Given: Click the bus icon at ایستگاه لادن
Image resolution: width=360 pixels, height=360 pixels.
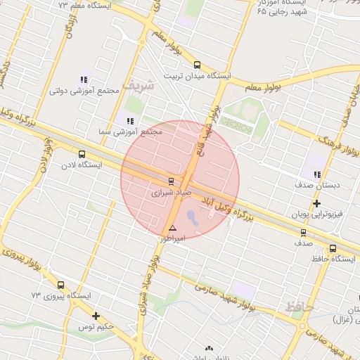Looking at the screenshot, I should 82,153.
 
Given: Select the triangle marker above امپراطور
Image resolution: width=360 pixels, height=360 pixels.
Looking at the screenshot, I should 172,229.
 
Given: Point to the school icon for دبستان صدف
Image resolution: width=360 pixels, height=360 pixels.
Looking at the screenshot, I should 317,174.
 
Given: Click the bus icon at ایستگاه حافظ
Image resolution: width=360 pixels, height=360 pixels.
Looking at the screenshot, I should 333,248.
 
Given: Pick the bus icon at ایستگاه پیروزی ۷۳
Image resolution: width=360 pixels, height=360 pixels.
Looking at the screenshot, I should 61,285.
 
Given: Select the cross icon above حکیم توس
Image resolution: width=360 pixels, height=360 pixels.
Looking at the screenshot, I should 96,316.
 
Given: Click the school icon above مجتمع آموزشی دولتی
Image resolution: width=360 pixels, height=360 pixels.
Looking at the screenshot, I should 84,79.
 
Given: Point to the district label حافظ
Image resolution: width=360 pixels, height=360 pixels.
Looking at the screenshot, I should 300,307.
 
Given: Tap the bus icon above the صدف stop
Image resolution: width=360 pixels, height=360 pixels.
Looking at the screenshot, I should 303,232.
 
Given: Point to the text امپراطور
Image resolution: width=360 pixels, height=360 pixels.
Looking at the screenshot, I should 172,239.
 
